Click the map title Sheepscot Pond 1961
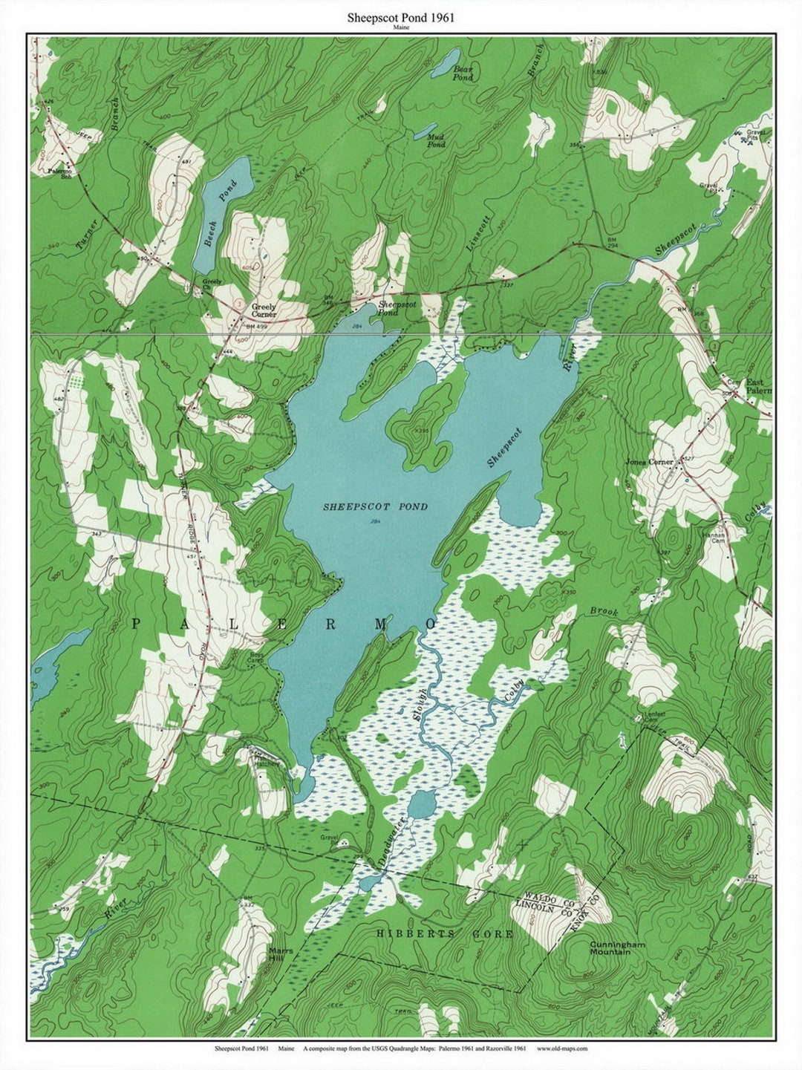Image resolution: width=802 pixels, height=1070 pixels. (400, 17)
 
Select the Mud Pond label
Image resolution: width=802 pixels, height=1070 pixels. (436, 141)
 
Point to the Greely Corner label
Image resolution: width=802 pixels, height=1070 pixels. (264, 310)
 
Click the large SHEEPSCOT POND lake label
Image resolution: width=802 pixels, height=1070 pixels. (375, 506)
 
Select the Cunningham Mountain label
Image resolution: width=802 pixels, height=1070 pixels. (617, 948)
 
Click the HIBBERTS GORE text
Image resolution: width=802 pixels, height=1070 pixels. (444, 933)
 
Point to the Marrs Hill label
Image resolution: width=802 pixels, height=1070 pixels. (281, 953)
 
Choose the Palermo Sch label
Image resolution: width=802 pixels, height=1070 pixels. (56, 171)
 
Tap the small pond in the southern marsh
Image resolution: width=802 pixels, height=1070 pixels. (422, 804)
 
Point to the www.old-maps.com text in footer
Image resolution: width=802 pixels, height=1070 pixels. (561, 1048)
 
